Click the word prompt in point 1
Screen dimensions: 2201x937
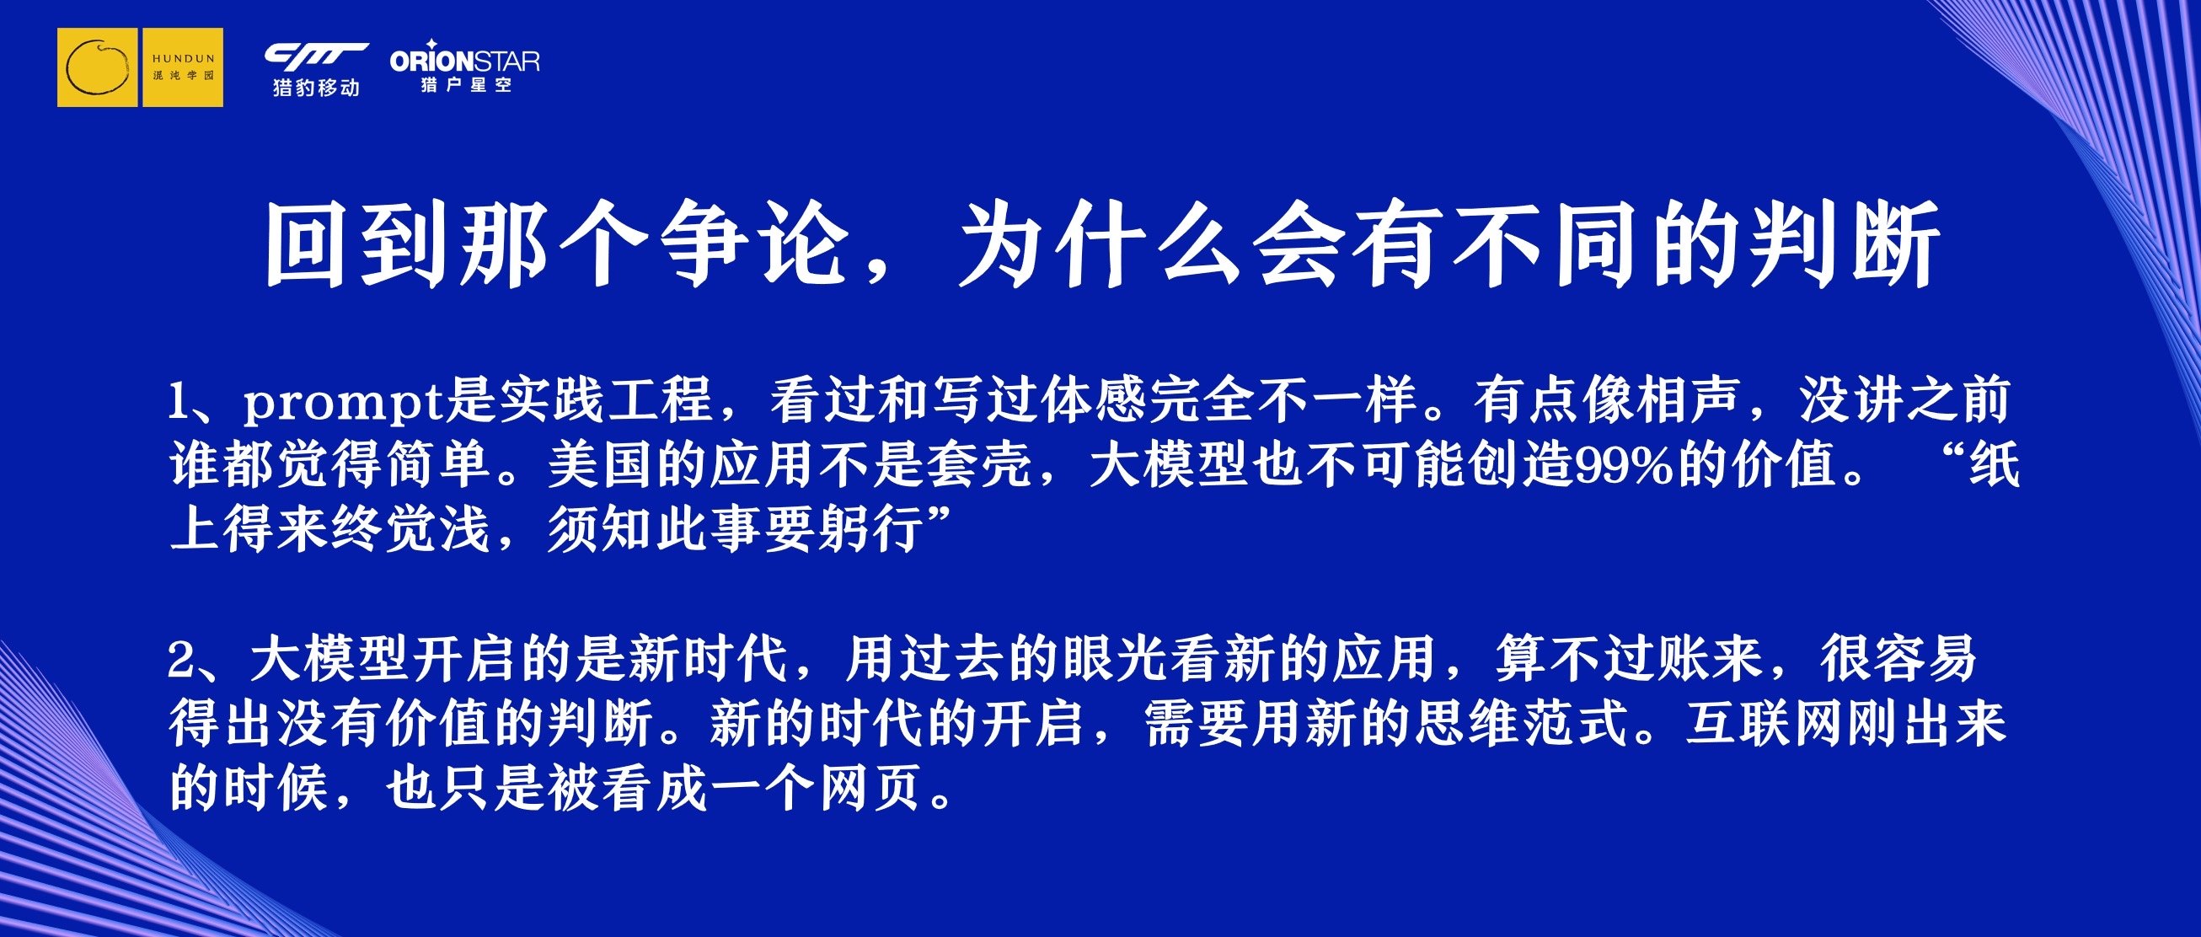344,401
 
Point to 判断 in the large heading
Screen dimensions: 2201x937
1844,244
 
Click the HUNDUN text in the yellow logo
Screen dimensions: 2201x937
183,59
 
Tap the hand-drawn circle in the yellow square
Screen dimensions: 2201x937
98,67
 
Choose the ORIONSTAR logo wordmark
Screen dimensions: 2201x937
465,60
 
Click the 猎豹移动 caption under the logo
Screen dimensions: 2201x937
316,87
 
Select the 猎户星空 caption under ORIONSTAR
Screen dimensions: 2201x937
466,84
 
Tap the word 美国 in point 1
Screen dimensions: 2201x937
600,465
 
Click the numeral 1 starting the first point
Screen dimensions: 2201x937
178,402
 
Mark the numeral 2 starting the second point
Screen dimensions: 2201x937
181,661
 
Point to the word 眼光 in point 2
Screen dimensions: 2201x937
1115,660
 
